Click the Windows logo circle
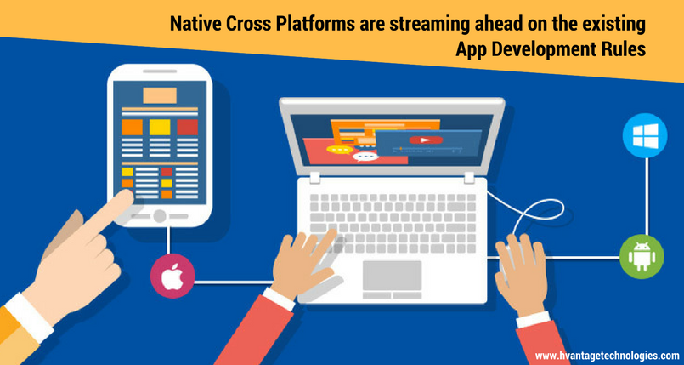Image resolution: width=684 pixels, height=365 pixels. [645, 135]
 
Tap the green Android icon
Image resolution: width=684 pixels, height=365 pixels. [642, 256]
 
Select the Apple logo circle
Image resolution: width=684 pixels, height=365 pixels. [172, 276]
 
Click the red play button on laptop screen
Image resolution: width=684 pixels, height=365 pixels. [426, 140]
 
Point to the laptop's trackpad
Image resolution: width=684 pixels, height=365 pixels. [393, 276]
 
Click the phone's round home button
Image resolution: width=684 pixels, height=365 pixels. [160, 216]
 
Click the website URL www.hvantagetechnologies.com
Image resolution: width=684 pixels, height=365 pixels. [608, 355]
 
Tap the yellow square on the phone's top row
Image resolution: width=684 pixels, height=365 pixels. [160, 127]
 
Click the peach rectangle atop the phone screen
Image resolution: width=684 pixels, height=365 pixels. [160, 95]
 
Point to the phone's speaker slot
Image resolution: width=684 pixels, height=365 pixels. [160, 71]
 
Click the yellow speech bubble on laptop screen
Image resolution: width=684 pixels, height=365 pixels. [339, 150]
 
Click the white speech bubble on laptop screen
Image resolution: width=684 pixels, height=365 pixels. [365, 157]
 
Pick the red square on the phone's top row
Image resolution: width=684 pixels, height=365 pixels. [188, 127]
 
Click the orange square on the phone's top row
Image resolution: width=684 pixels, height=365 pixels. [133, 127]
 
